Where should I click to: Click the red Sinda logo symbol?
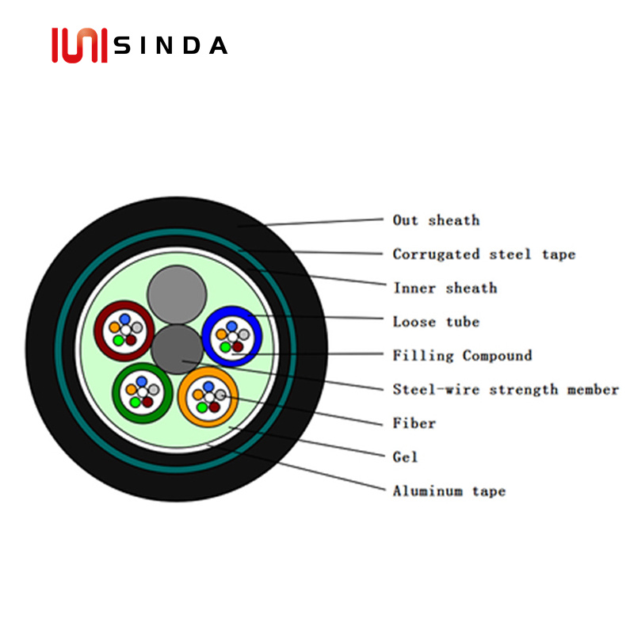(80, 45)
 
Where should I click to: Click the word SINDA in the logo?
(170, 45)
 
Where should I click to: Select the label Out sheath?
(437, 220)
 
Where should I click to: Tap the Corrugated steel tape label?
(484, 254)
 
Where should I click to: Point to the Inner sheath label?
(445, 288)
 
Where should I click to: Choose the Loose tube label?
(437, 322)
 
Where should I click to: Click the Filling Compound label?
(462, 356)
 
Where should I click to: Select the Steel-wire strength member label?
(506, 389)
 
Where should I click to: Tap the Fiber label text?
(414, 423)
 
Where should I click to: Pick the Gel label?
(405, 457)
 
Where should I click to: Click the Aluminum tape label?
(449, 491)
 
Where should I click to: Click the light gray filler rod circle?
(177, 295)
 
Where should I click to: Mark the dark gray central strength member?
(177, 349)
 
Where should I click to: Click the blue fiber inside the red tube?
(125, 319)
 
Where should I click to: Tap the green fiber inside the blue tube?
(225, 347)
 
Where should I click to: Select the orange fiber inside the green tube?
(131, 390)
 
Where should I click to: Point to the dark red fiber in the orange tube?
(215, 407)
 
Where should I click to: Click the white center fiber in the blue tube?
(232, 337)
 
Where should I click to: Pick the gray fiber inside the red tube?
(137, 327)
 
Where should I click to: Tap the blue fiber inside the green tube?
(142, 381)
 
